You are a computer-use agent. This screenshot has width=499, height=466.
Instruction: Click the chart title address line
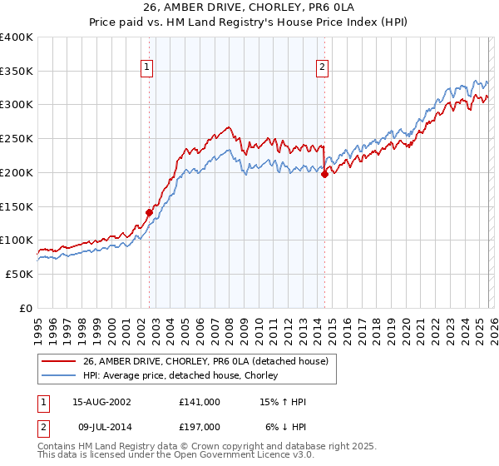[x=249, y=7]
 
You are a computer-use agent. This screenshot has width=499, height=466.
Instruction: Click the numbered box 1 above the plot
[x=146, y=69]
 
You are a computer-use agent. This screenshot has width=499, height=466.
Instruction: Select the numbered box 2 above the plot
[x=322, y=69]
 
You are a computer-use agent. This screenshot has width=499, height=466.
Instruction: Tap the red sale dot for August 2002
[x=150, y=212]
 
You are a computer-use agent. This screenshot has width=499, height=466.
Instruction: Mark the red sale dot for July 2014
[x=324, y=174]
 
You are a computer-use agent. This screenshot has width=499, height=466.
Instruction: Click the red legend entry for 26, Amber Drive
[x=205, y=361]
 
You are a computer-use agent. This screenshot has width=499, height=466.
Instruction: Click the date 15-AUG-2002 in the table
[x=101, y=402]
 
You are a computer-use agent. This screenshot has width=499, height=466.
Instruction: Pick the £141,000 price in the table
[x=200, y=402]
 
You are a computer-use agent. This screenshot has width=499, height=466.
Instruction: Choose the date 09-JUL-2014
[x=101, y=427]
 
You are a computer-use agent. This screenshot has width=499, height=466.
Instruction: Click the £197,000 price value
[x=200, y=427]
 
